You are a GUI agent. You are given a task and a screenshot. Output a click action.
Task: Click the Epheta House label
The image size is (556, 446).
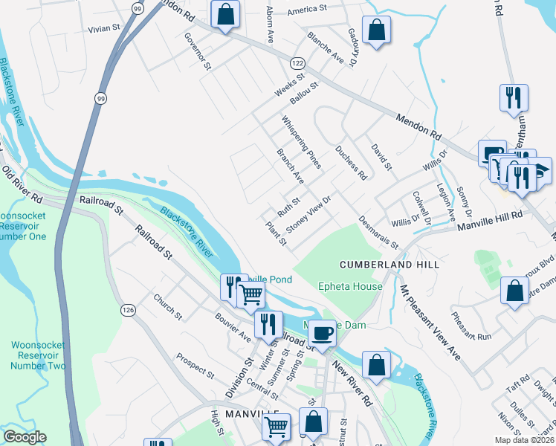coord(350,286)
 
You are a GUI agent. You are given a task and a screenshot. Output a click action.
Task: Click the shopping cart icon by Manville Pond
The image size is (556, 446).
coord(250,294)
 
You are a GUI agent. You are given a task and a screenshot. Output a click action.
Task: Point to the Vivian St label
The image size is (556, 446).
coord(104,28)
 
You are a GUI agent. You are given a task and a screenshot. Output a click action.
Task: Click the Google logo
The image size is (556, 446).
coord(25,437)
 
